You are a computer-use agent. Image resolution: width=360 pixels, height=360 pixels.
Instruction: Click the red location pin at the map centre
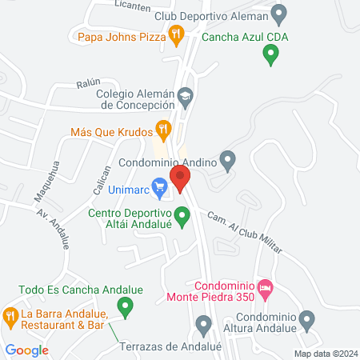[x=181, y=178]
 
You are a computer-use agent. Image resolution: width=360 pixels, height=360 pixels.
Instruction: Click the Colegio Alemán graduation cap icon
[x=186, y=96]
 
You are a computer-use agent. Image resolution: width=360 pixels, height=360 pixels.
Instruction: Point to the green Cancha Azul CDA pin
[x=270, y=54]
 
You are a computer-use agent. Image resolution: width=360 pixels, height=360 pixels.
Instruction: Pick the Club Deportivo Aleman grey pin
[x=279, y=14]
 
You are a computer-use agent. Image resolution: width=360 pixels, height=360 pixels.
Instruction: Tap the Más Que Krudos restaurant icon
[x=164, y=128]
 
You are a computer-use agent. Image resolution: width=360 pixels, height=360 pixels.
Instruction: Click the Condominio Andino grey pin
[x=228, y=161]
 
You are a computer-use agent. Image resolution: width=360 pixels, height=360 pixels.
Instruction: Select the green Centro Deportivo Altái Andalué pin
[x=182, y=215]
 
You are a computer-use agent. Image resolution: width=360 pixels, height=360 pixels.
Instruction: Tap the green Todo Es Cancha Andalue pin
[x=125, y=305]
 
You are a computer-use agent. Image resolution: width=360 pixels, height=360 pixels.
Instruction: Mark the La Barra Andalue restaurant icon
[x=10, y=317]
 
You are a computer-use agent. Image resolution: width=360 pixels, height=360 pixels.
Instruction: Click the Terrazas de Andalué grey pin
[x=203, y=325]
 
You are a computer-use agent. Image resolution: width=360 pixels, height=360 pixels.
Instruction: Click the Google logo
[x=27, y=350]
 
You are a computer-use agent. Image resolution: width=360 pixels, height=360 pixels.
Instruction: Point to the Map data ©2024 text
[x=325, y=354]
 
